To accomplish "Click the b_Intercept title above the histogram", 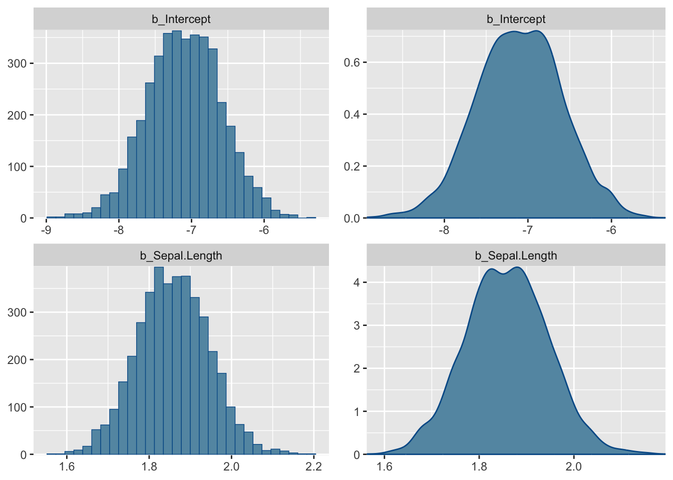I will [181, 19].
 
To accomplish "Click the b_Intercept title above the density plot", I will [516, 19].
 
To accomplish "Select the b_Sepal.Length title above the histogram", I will [181, 256].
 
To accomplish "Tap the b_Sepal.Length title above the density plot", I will [516, 256].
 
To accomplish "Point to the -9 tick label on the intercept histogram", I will [46, 230].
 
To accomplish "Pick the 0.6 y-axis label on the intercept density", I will [352, 62].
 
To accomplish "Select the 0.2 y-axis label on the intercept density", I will [352, 166].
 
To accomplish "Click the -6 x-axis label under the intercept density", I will [611, 230].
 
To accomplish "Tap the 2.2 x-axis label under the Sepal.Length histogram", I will [313, 466].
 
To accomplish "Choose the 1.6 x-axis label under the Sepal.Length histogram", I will [67, 466].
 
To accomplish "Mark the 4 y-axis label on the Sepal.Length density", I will [357, 282].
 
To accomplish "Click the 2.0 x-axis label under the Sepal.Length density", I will [573, 466].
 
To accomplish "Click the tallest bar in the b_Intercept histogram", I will [177, 125].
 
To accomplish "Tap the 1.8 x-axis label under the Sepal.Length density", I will [479, 466].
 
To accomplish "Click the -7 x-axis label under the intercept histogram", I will [191, 230].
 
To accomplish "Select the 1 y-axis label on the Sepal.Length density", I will [357, 411].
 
